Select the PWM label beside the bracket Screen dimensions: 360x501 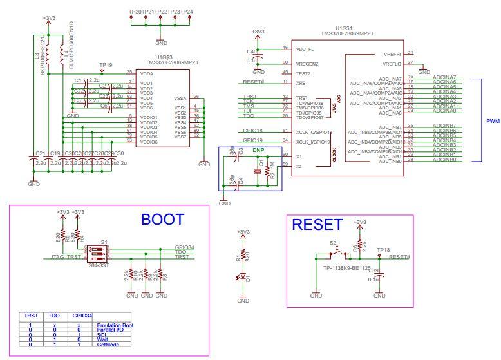[493, 121]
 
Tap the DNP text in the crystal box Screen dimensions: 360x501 [258, 149]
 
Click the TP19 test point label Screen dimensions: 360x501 [106, 65]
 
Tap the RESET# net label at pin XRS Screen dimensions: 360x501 [253, 82]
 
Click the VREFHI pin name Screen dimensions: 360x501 [392, 54]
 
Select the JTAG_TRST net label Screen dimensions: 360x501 [67, 258]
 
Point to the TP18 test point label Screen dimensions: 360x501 [384, 249]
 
